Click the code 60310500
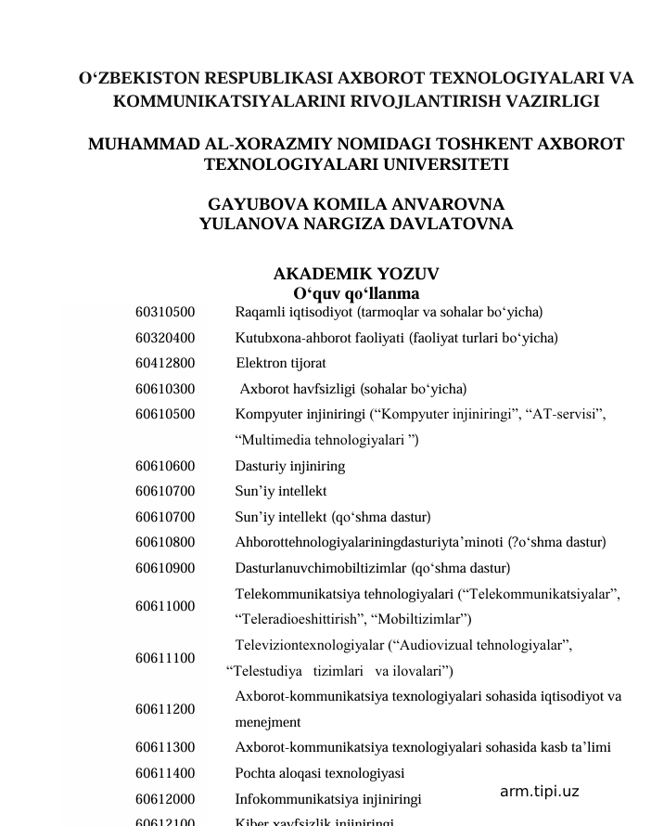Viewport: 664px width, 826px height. click(165, 312)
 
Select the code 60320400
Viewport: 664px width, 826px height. click(165, 338)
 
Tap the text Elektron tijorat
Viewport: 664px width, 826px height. click(280, 363)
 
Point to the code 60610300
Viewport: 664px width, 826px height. click(165, 389)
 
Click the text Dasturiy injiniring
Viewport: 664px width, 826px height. click(289, 466)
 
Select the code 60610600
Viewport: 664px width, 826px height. click(165, 466)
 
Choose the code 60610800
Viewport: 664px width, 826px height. click(165, 543)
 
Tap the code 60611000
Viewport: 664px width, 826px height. click(165, 606)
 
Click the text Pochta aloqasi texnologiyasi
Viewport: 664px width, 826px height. click(319, 772)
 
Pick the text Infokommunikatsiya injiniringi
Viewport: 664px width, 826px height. click(327, 798)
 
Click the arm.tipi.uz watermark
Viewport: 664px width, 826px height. click(539, 792)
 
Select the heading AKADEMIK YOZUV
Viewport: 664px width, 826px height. click(356, 274)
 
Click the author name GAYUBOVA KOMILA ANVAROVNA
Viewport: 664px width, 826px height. click(356, 204)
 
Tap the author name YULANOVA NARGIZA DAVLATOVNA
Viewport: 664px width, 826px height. click(356, 224)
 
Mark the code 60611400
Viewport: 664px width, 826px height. click(165, 772)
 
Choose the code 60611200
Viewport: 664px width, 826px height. click(165, 709)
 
